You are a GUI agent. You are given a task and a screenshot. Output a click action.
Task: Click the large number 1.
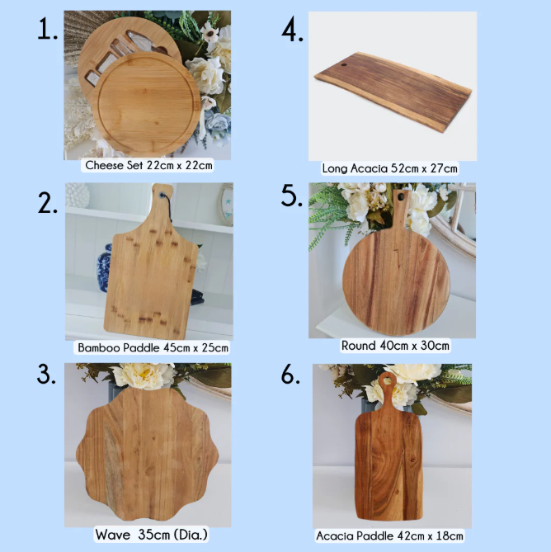coord(48,30)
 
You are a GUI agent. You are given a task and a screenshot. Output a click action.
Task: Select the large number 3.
coord(47,374)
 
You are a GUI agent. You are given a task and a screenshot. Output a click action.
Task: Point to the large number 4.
coord(293,30)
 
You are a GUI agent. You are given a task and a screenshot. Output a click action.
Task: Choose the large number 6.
coord(290,374)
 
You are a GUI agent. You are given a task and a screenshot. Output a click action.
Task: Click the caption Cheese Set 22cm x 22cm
coord(148,165)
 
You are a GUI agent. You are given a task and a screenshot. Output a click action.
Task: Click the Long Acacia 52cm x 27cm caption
coord(390,168)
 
